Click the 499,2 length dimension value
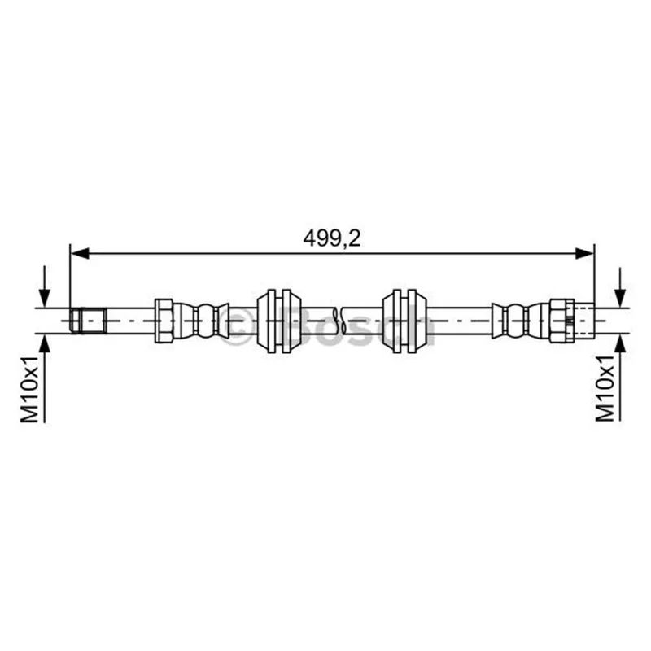(x=332, y=238)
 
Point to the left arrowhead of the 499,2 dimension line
(x=80, y=253)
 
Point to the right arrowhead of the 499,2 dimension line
(x=584, y=253)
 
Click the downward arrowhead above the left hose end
(x=45, y=299)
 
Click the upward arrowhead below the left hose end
(x=45, y=343)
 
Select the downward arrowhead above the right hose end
(x=620, y=299)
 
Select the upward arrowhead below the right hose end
(x=620, y=343)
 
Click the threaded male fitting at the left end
(x=88, y=321)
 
